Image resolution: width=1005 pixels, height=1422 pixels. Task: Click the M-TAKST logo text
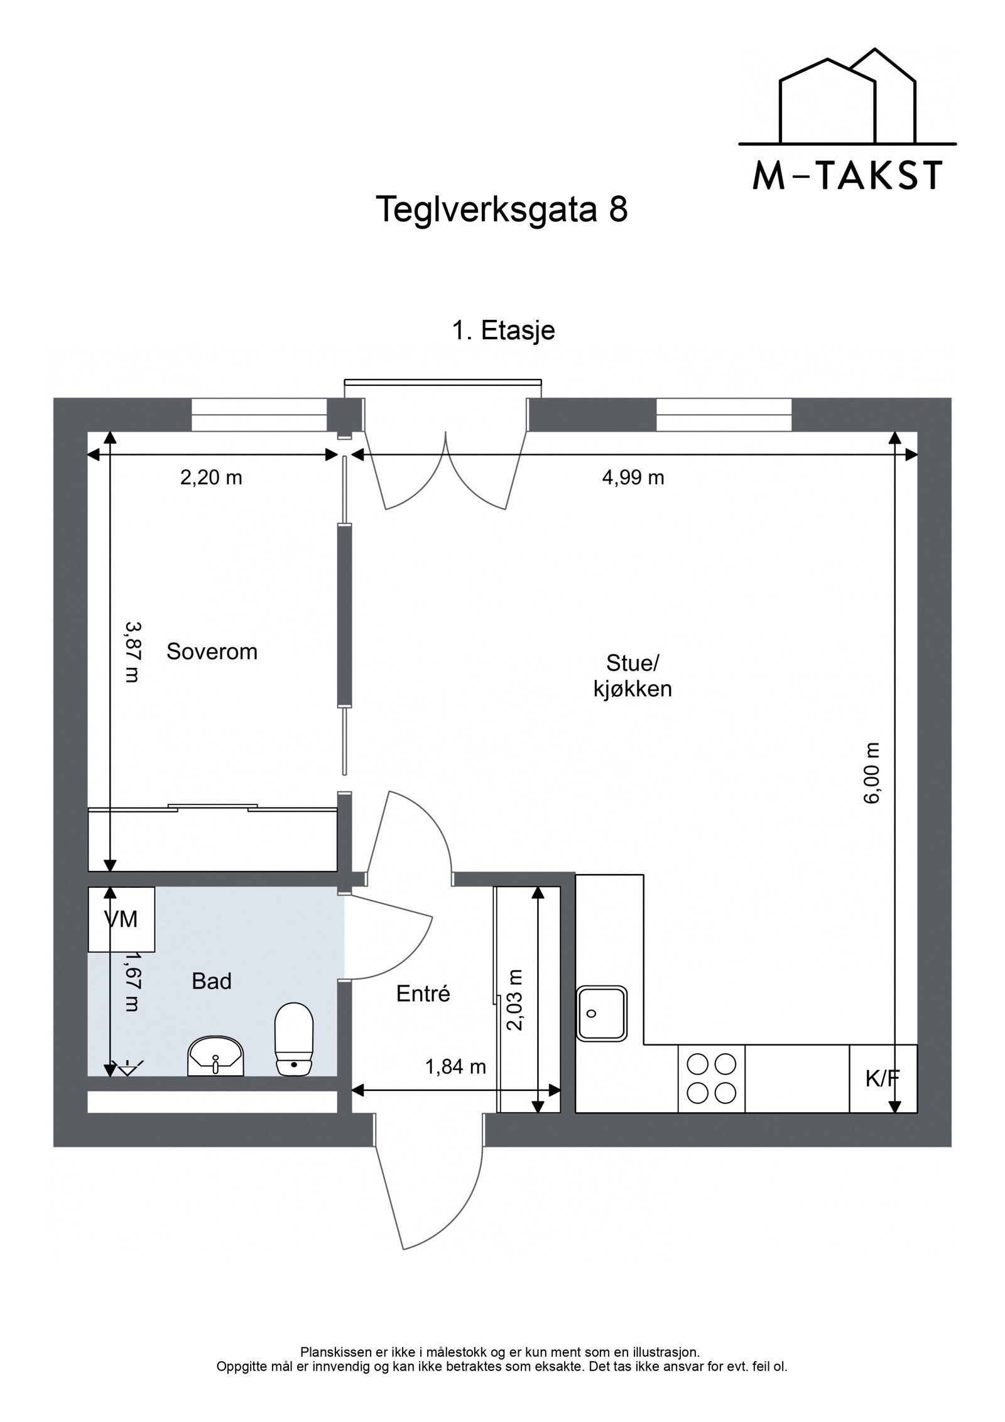click(847, 176)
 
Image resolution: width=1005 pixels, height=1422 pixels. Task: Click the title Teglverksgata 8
click(501, 209)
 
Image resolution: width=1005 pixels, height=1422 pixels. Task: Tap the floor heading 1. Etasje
click(503, 331)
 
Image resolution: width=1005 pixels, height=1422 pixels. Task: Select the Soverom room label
click(212, 652)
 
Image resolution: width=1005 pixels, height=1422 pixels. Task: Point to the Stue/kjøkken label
click(632, 676)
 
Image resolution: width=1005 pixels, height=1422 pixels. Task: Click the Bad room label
click(212, 981)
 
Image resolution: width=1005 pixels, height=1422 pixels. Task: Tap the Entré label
click(423, 993)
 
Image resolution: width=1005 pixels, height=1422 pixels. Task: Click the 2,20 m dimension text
click(211, 478)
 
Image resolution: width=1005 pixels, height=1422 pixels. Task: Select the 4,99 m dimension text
click(633, 478)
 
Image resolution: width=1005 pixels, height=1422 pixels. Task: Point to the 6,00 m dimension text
click(873, 773)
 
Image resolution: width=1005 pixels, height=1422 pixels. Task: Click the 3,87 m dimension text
click(131, 652)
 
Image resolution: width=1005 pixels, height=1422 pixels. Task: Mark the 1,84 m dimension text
click(455, 1066)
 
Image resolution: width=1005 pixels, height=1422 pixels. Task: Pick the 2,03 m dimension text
click(515, 1000)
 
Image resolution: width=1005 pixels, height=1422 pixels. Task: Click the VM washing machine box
click(121, 920)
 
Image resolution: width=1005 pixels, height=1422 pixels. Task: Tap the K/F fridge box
click(883, 1079)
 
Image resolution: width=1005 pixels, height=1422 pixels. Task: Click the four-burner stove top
click(711, 1079)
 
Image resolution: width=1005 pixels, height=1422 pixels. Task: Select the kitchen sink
click(602, 1012)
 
